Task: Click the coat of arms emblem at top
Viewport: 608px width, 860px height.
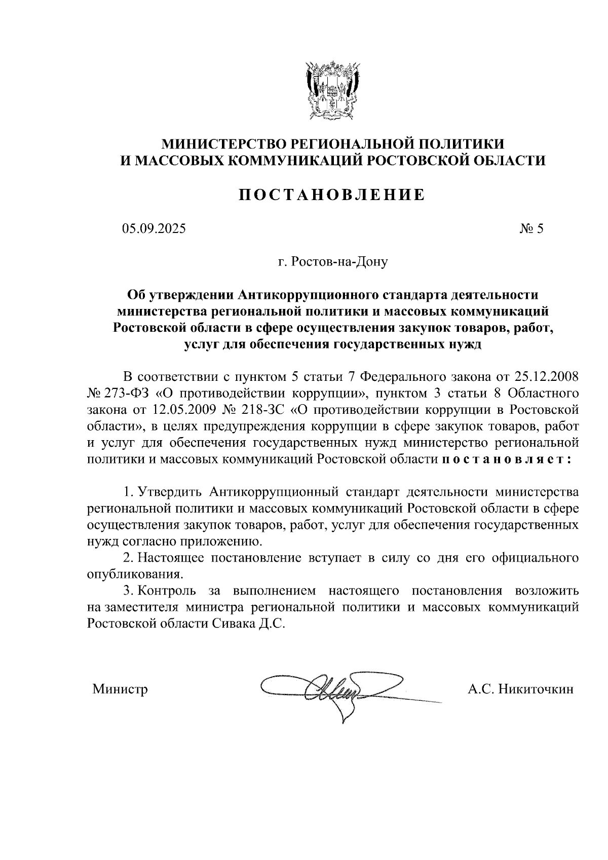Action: (x=332, y=90)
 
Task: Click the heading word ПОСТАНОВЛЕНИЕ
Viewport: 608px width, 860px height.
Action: (x=332, y=195)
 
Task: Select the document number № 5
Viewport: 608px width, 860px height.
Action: (x=531, y=229)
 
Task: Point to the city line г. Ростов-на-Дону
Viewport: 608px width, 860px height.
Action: (x=332, y=262)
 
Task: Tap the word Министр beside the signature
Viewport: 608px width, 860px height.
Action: (x=120, y=689)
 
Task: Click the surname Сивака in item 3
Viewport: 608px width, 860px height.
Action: (x=232, y=623)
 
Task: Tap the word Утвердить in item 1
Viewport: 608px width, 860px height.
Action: (x=171, y=492)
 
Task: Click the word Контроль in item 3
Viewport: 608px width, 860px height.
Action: (x=167, y=591)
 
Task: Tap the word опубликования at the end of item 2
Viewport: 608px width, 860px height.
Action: (x=134, y=574)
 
